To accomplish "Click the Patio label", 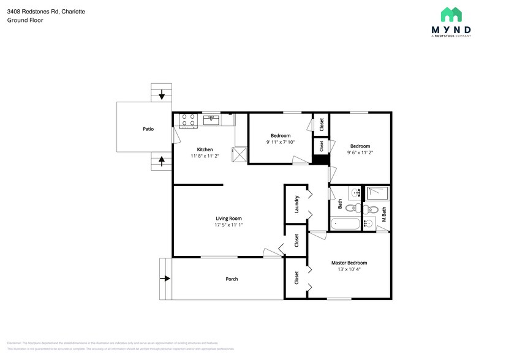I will pyautogui.click(x=148, y=129).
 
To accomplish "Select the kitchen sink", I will pyautogui.click(x=212, y=119).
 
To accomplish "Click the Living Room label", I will pyautogui.click(x=228, y=219).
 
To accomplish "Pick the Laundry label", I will pyautogui.click(x=297, y=204).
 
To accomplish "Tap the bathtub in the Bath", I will pyautogui.click(x=345, y=223).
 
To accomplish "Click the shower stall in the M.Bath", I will pyautogui.click(x=377, y=193).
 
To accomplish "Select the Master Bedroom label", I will pyautogui.click(x=349, y=262).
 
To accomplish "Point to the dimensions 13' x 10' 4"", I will pyautogui.click(x=349, y=269).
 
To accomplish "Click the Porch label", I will pyautogui.click(x=232, y=279).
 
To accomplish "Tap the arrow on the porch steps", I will pyautogui.click(x=165, y=279).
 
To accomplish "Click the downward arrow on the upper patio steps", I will pyautogui.click(x=162, y=95).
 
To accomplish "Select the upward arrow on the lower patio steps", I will pyautogui.click(x=162, y=162).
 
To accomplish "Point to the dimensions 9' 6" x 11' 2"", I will pyautogui.click(x=360, y=152).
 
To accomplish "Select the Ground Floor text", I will pyautogui.click(x=25, y=20).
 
